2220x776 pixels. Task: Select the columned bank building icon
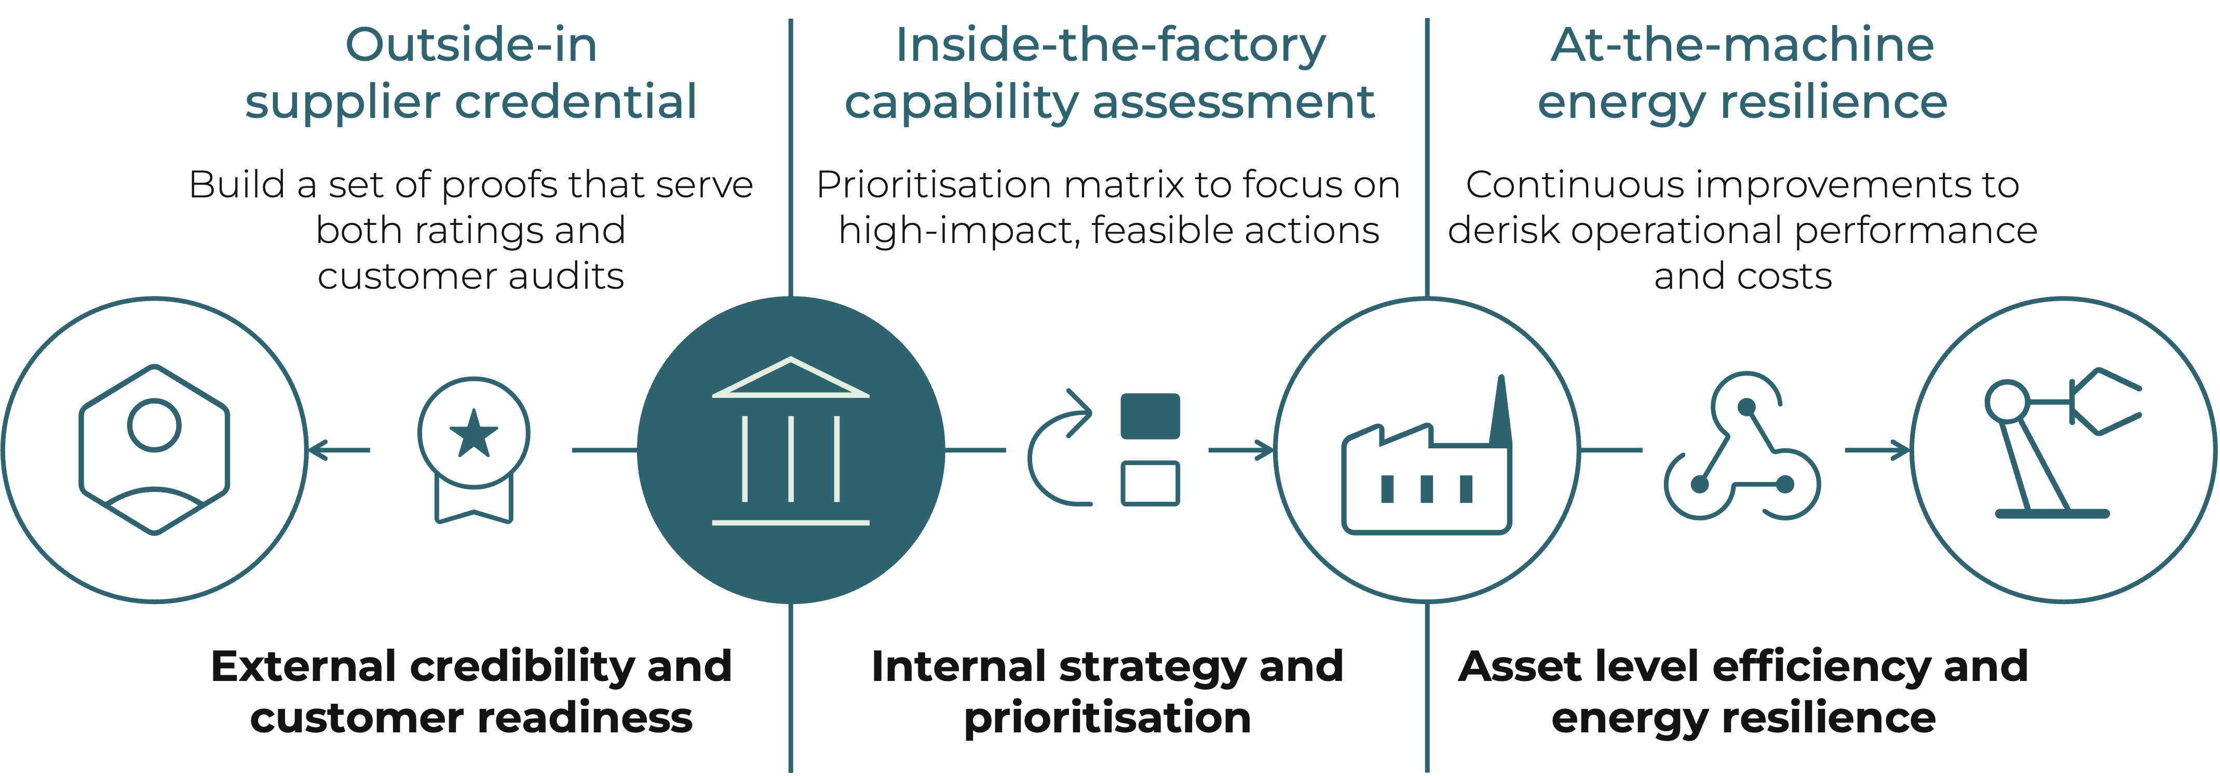[790, 441]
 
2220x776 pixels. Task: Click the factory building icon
[1426, 465]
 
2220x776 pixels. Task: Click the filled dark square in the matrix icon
[1149, 417]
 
